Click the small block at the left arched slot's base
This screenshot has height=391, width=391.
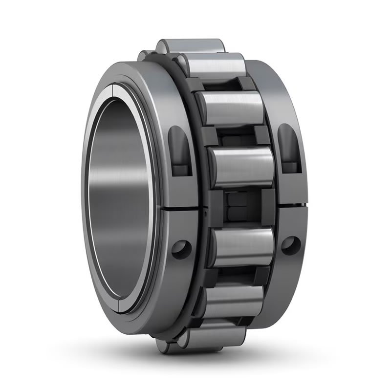coord(182,169)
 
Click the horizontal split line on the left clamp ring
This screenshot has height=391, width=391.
coord(183,209)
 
